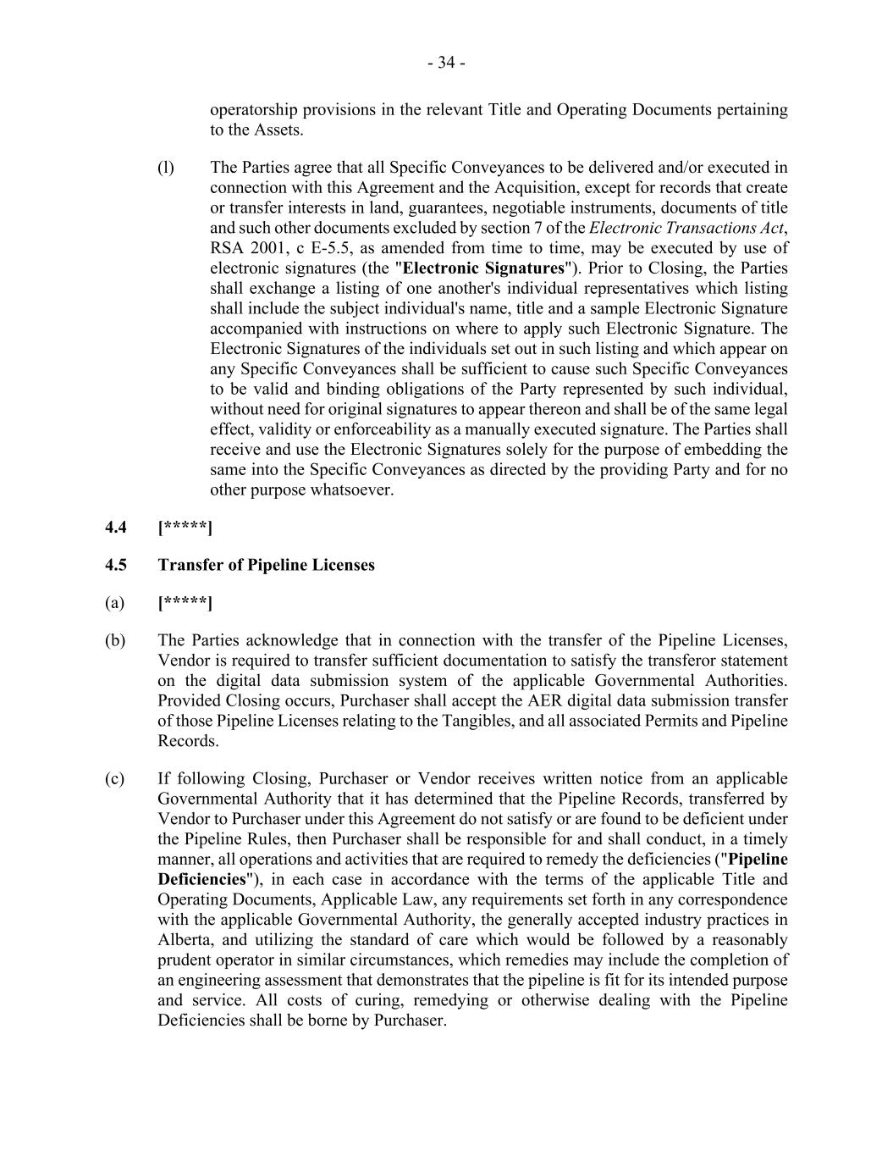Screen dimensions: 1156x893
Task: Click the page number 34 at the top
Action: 446,63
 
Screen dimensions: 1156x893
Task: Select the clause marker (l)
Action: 166,168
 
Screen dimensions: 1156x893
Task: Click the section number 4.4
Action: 116,528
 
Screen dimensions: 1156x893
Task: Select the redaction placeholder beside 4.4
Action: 185,528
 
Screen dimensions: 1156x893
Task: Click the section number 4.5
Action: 116,565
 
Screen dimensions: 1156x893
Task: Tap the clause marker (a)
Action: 114,603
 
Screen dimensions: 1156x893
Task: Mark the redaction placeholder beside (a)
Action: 185,603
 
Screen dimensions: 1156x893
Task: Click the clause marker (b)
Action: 115,640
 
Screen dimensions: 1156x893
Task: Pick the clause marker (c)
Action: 114,778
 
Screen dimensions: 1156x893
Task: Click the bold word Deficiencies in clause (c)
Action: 200,879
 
